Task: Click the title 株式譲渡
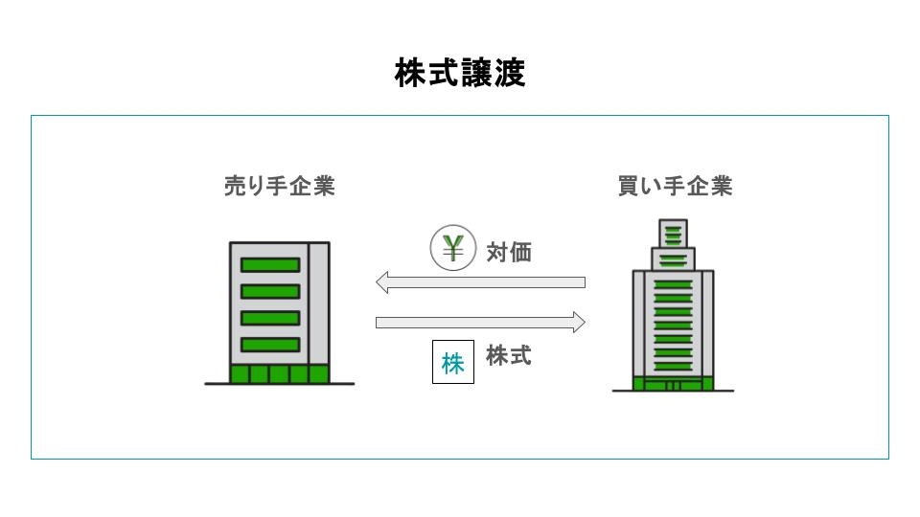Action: coord(460,73)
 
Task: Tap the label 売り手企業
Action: coord(279,186)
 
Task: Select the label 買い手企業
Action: coord(675,186)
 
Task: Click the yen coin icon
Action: coord(453,249)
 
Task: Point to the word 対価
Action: coord(509,253)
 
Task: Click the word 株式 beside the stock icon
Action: coord(509,356)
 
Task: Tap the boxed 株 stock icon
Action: coord(453,363)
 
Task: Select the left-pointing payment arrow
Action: coord(480,281)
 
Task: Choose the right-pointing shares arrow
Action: coord(480,322)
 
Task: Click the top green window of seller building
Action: coord(269,265)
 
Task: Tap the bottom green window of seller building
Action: coord(269,344)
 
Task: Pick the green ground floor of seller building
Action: coord(279,373)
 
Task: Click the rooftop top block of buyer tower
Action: coord(674,233)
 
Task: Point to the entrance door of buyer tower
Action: coord(673,386)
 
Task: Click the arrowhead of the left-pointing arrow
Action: coord(380,281)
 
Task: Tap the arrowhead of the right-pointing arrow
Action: coord(579,322)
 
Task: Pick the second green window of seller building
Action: coord(269,291)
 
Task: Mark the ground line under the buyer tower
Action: coord(673,391)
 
